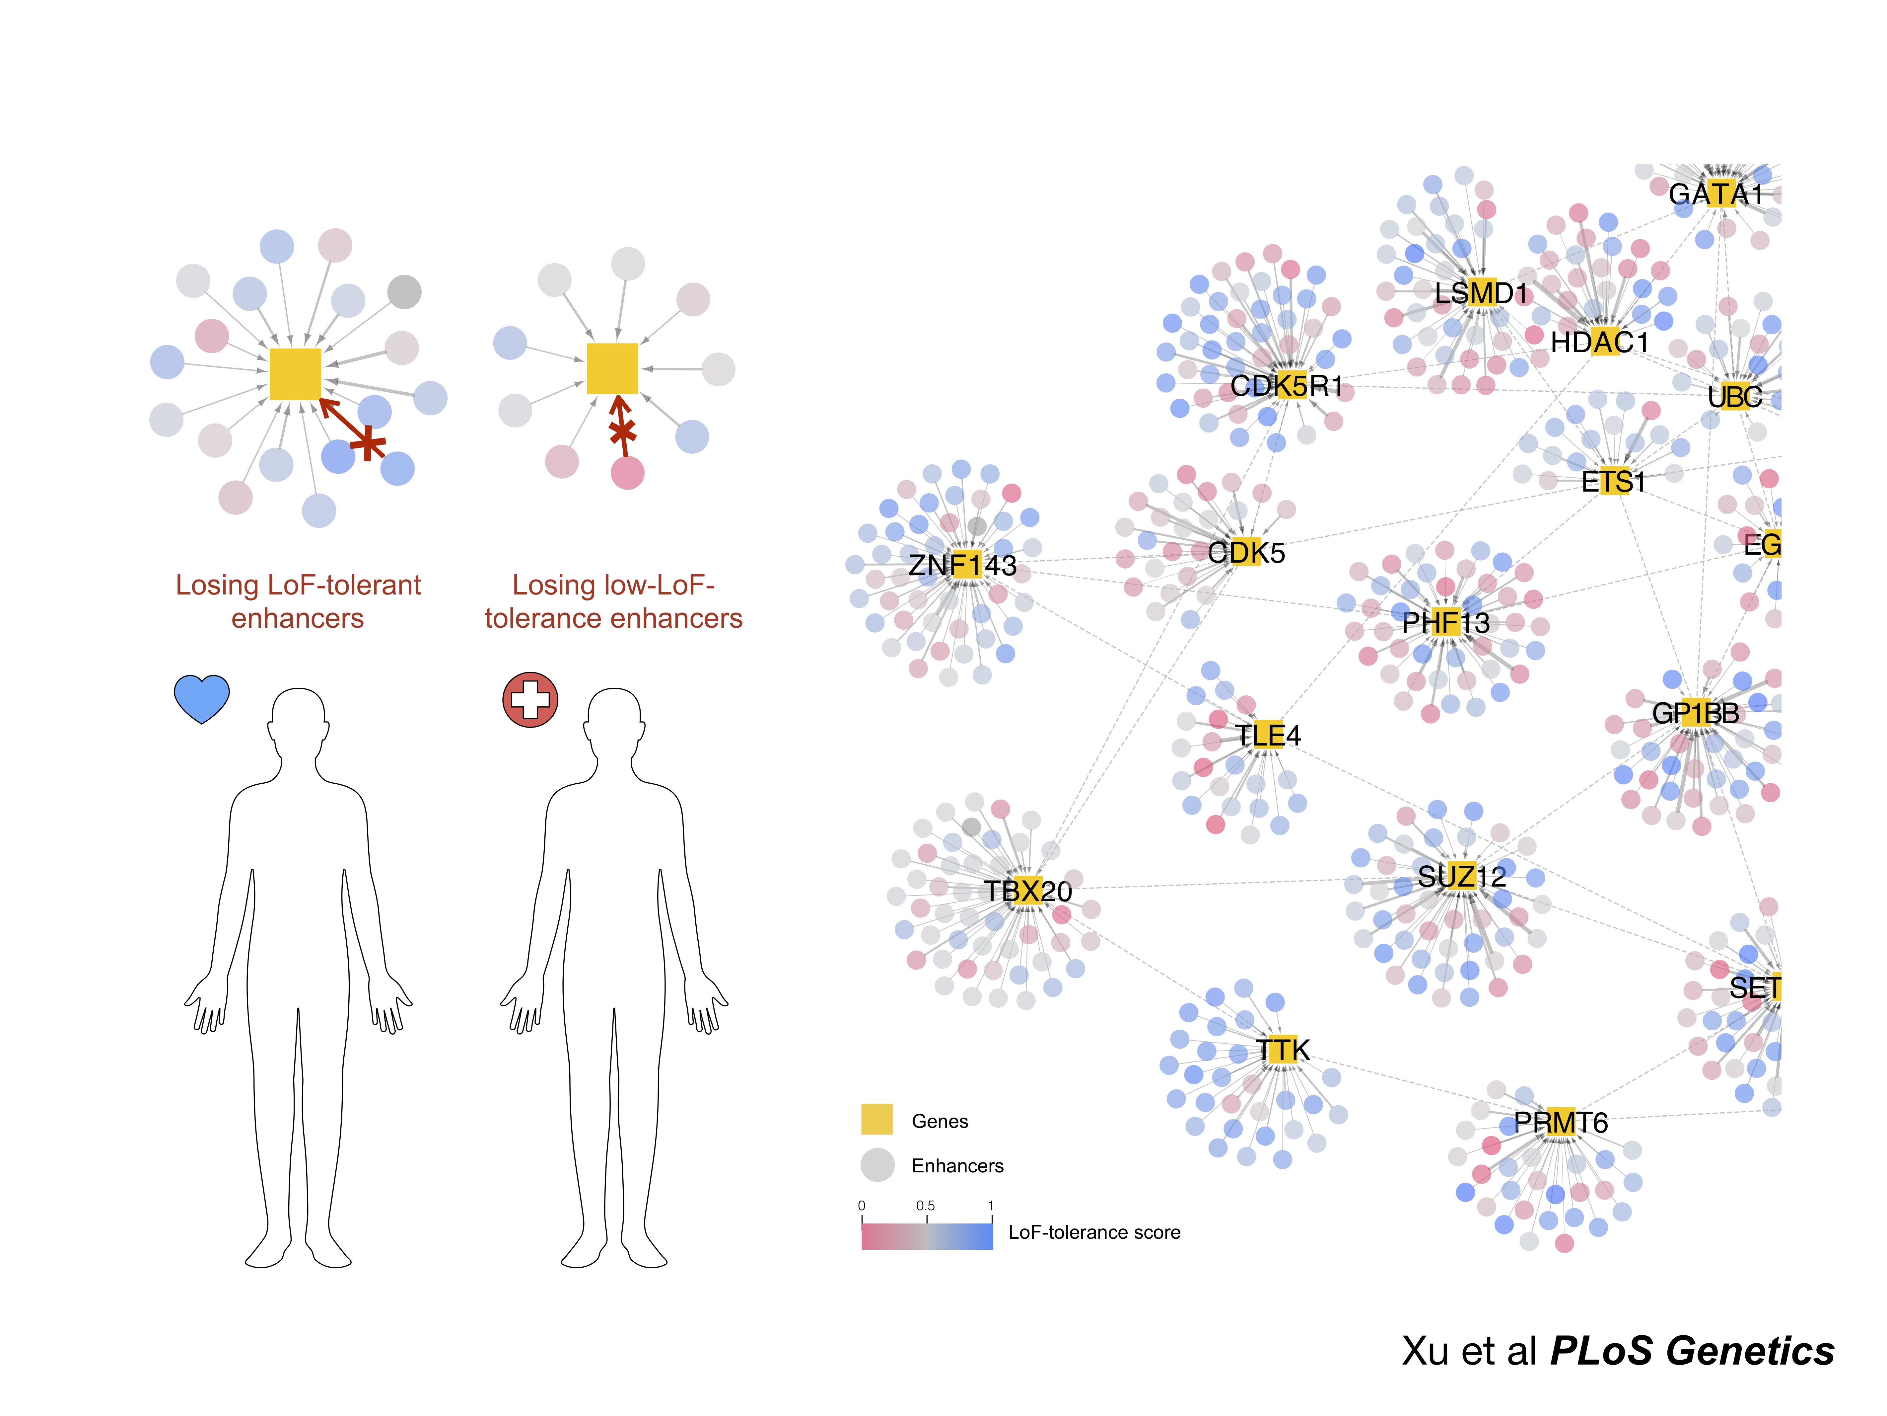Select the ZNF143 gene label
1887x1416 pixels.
(962, 565)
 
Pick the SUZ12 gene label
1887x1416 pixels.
(1461, 876)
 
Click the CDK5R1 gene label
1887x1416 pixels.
(1287, 386)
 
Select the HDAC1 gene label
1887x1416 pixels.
(1599, 342)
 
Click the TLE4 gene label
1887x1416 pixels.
(1268, 735)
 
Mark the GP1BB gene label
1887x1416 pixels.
(1695, 713)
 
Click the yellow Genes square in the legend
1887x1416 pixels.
(877, 1119)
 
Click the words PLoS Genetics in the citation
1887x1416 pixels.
(1692, 1351)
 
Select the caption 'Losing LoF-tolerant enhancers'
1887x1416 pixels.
(298, 601)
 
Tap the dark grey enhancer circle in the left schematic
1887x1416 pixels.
(404, 292)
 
